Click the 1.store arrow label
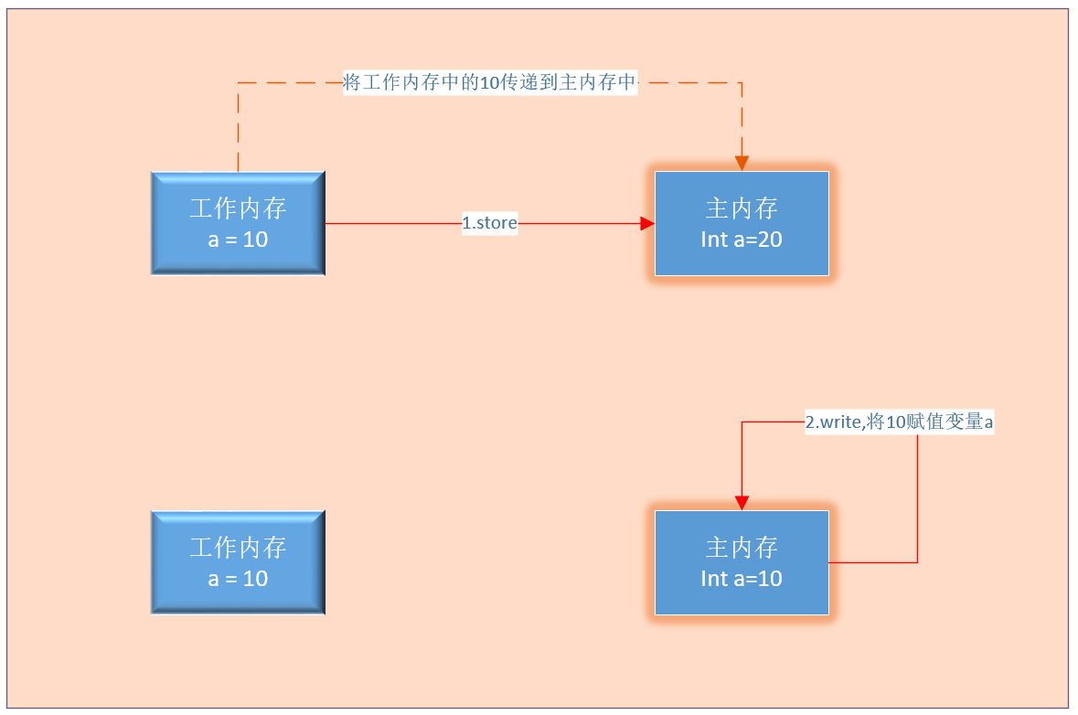(490, 223)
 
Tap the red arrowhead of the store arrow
(647, 223)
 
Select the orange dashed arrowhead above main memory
(742, 164)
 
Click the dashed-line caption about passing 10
(489, 83)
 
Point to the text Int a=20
(742, 240)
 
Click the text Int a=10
(742, 579)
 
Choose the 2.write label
(899, 422)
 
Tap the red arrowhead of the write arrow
(742, 503)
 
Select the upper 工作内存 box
(238, 222)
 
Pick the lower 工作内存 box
(238, 562)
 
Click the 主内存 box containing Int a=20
(742, 223)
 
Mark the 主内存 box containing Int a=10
(742, 562)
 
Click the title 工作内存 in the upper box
(238, 208)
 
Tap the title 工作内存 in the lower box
(238, 548)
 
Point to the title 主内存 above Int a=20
(742, 208)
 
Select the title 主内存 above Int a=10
(742, 548)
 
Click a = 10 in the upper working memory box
(238, 240)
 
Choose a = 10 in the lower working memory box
(238, 579)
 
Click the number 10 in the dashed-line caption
(489, 83)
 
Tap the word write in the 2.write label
(840, 422)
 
